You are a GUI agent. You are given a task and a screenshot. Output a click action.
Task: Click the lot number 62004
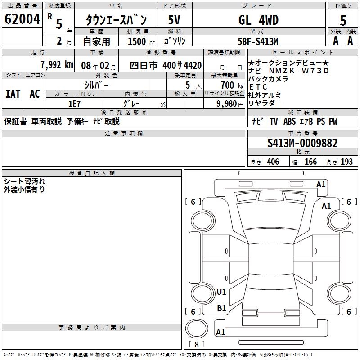tap(22, 19)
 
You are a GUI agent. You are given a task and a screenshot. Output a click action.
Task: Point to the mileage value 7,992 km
tap(56, 65)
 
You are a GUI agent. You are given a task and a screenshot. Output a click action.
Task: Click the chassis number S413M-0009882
tap(302, 143)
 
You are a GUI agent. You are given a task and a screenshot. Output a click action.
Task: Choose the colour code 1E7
tap(74, 103)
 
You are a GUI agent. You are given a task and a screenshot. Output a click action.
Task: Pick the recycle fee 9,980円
tap(229, 103)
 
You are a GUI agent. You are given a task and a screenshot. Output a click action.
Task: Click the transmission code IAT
tap(13, 94)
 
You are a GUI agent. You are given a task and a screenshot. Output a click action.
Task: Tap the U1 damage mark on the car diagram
tap(221, 292)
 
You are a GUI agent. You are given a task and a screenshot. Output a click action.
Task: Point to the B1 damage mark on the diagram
tap(221, 308)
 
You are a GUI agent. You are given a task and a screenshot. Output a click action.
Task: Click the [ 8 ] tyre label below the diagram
tap(196, 345)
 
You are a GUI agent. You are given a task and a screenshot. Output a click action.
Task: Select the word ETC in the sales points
tap(258, 86)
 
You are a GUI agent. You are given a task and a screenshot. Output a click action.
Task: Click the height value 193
tap(346, 162)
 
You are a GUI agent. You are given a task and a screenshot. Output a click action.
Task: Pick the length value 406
tap(273, 162)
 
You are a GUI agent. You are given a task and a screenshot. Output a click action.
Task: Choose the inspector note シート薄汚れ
tap(24, 181)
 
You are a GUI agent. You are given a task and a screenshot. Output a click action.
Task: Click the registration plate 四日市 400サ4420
tap(166, 65)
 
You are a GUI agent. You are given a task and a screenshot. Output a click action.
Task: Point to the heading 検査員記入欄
tap(92, 173)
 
